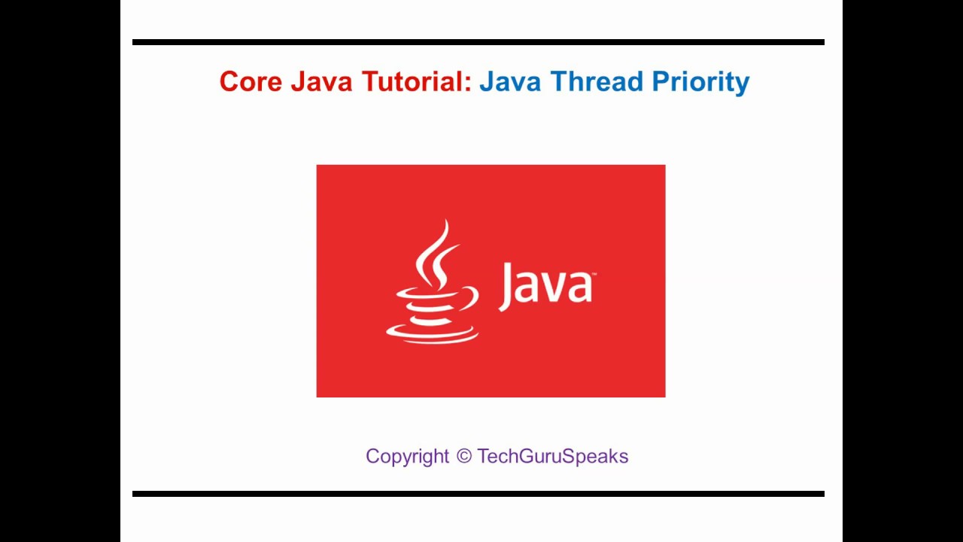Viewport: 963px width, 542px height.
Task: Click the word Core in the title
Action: pyautogui.click(x=251, y=81)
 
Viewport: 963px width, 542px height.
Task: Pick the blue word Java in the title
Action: pyautogui.click(x=510, y=81)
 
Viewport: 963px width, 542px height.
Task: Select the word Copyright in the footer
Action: pyautogui.click(x=407, y=457)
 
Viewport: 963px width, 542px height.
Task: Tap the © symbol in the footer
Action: pyautogui.click(x=463, y=456)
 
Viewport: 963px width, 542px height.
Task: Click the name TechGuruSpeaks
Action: pyautogui.click(x=552, y=457)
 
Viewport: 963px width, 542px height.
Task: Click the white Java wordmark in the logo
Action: pyautogui.click(x=545, y=286)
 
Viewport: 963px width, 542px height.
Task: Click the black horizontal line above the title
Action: pyautogui.click(x=478, y=42)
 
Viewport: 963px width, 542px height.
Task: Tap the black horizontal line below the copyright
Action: pyautogui.click(x=478, y=494)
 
